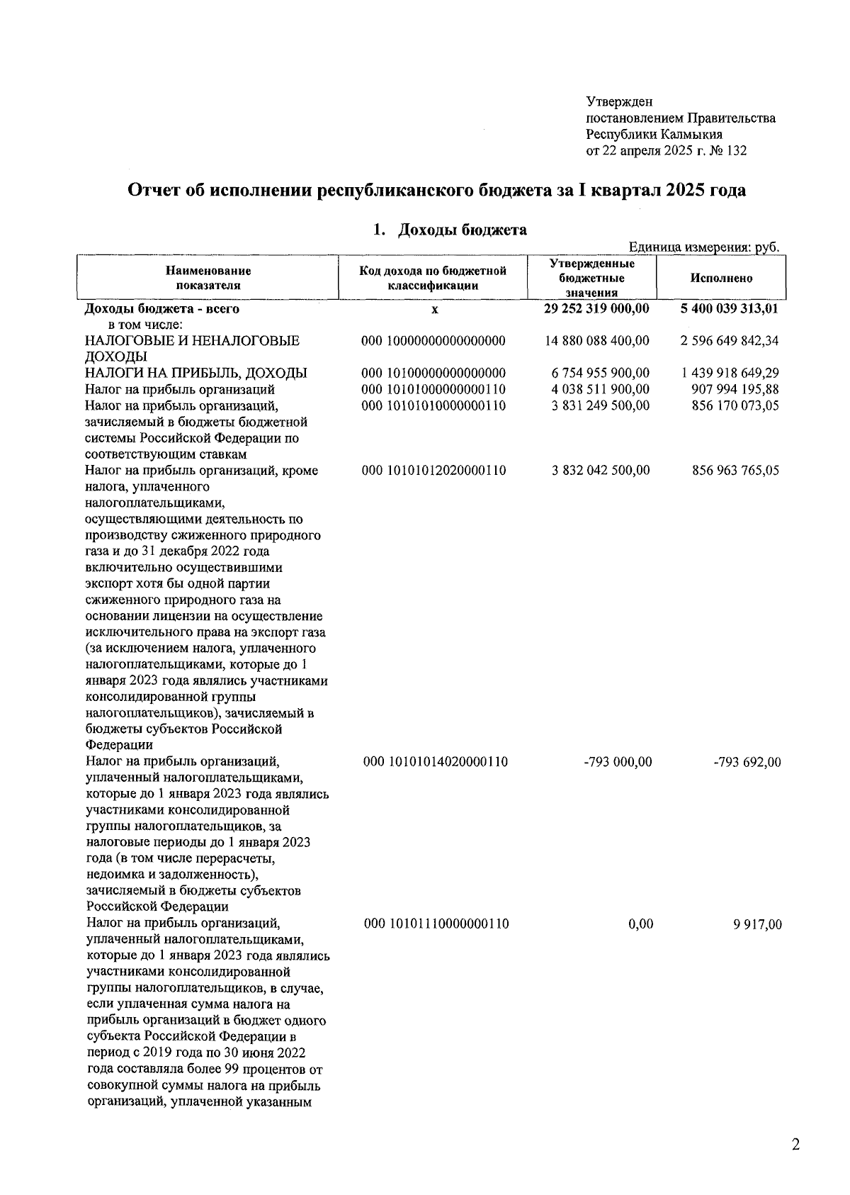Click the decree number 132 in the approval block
pyautogui.click(x=736, y=151)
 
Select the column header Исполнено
pyautogui.click(x=721, y=279)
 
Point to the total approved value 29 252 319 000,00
pyautogui.click(x=596, y=309)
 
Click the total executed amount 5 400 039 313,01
pyautogui.click(x=729, y=309)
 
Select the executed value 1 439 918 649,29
pyautogui.click(x=729, y=374)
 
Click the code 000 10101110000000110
pyautogui.click(x=436, y=924)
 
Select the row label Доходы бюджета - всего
pyautogui.click(x=162, y=309)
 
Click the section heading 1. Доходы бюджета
pyautogui.click(x=450, y=230)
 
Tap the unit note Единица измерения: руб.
pyautogui.click(x=704, y=247)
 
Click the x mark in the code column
pyautogui.click(x=434, y=310)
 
